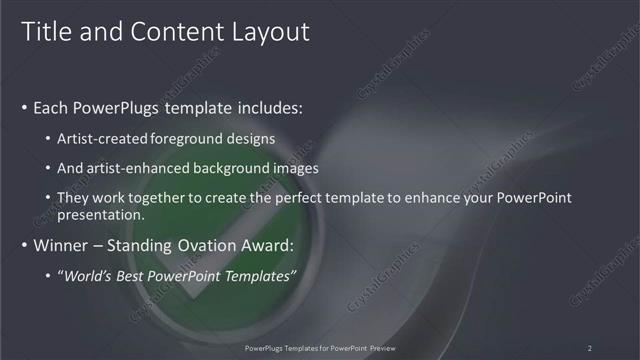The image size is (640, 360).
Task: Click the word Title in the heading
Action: pyautogui.click(x=47, y=32)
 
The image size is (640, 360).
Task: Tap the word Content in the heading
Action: pyautogui.click(x=178, y=32)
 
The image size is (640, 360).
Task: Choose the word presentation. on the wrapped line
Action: pyautogui.click(x=103, y=214)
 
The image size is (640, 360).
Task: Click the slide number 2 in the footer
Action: pyautogui.click(x=589, y=347)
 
